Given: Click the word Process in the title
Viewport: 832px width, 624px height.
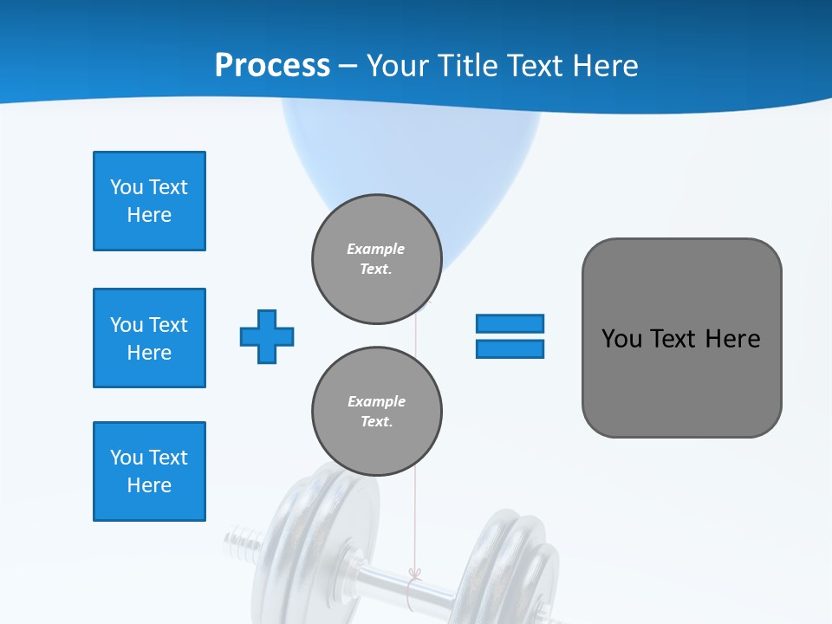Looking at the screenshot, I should pyautogui.click(x=272, y=66).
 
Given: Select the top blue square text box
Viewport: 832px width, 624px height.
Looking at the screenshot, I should pyautogui.click(x=149, y=201).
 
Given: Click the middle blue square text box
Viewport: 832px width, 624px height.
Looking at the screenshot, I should pyautogui.click(x=149, y=338).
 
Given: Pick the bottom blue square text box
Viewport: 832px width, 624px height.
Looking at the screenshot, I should pyautogui.click(x=149, y=471).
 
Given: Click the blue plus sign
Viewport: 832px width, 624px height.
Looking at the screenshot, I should pyautogui.click(x=267, y=336).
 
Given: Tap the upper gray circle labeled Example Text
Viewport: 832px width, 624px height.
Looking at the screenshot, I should pyautogui.click(x=377, y=259).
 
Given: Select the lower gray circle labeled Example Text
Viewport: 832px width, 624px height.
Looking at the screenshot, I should pyautogui.click(x=377, y=412).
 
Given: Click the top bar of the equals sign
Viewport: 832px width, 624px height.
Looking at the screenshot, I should pyautogui.click(x=510, y=323).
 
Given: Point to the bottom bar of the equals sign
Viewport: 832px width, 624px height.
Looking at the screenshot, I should pyautogui.click(x=510, y=348).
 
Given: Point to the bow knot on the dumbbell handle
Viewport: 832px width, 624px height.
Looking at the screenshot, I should pyautogui.click(x=413, y=575).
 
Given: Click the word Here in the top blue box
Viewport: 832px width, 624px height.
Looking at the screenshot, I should pyautogui.click(x=149, y=215).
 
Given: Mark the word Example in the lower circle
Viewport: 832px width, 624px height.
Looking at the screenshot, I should pyautogui.click(x=376, y=401).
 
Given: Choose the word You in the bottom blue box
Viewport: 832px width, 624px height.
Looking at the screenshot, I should pyautogui.click(x=126, y=458).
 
